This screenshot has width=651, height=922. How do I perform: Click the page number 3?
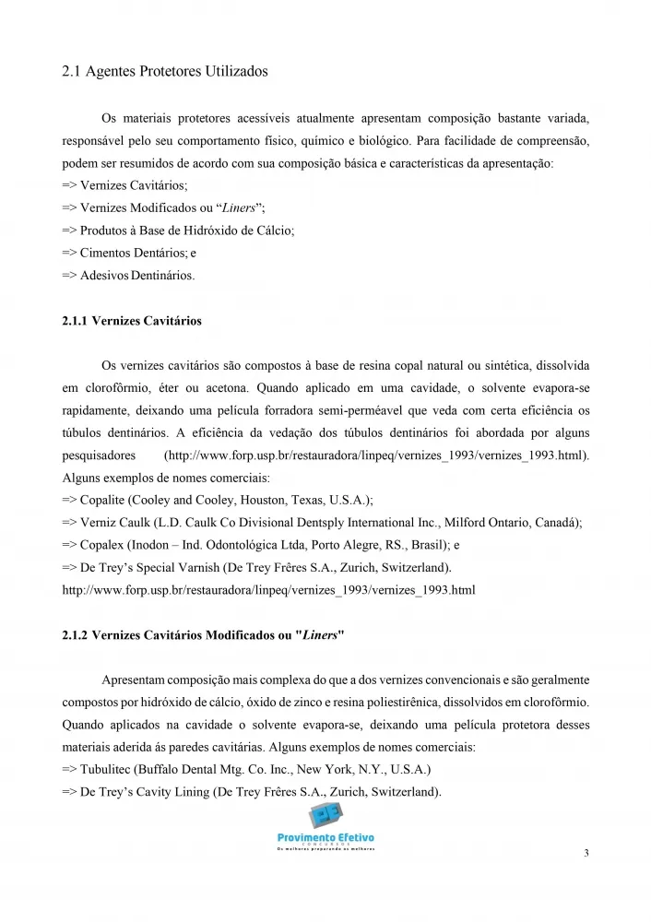tap(586, 853)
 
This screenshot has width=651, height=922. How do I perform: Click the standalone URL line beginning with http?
tap(268, 589)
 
